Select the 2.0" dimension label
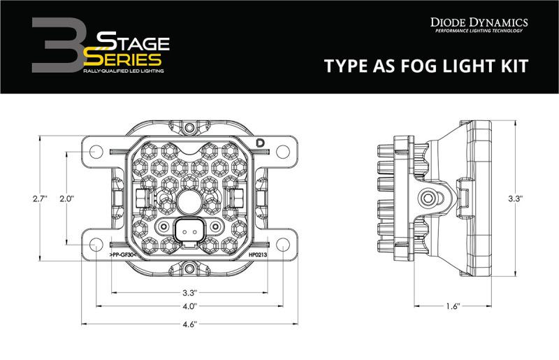click(x=67, y=199)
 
